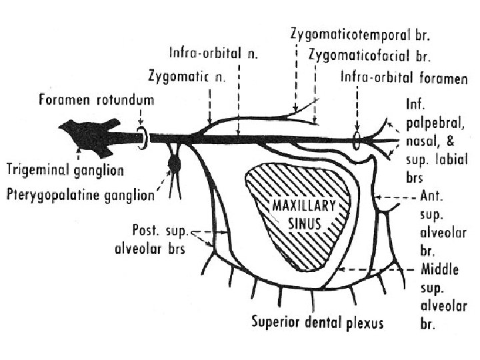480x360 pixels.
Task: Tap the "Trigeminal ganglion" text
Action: tap(64, 170)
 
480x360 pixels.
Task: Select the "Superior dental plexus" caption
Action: tap(317, 323)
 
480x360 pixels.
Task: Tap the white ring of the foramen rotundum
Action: tap(143, 136)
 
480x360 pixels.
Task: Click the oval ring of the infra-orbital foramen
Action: tap(357, 141)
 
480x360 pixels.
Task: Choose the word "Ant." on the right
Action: tap(436, 197)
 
